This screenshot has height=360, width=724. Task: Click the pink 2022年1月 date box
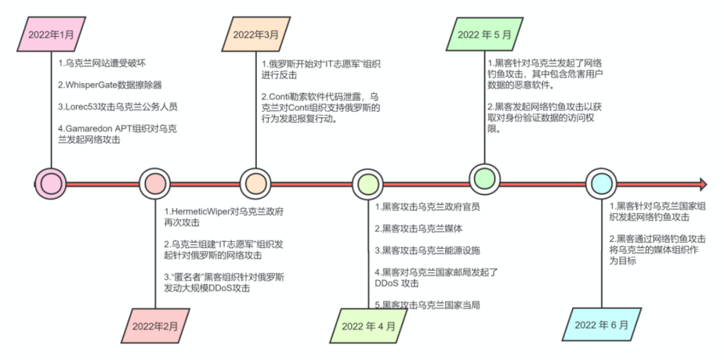pos(53,34)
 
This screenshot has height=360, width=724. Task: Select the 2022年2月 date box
pos(155,326)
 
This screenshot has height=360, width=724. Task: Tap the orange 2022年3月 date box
pos(255,34)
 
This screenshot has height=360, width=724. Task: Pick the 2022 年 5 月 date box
pos(484,34)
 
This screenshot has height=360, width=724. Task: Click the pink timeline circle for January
pos(51,183)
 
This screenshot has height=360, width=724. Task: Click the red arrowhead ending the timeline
pos(703,184)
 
